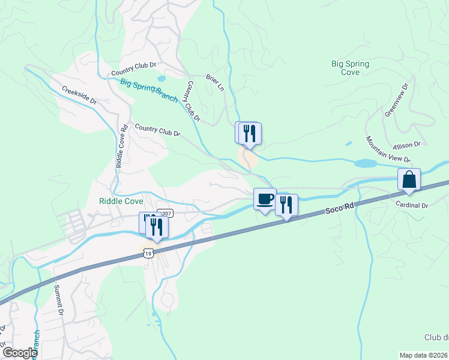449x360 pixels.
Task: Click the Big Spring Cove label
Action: click(350, 68)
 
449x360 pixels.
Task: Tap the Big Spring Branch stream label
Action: click(148, 90)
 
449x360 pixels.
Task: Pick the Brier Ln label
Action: click(214, 83)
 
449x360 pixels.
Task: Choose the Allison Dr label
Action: click(406, 145)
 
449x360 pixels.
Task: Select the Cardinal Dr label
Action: click(411, 205)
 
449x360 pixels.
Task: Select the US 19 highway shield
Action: click(148, 253)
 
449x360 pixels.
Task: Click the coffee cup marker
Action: click(265, 200)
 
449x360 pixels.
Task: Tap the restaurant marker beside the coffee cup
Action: click(286, 205)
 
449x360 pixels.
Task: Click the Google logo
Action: click(20, 353)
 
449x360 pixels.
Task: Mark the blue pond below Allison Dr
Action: click(366, 163)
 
